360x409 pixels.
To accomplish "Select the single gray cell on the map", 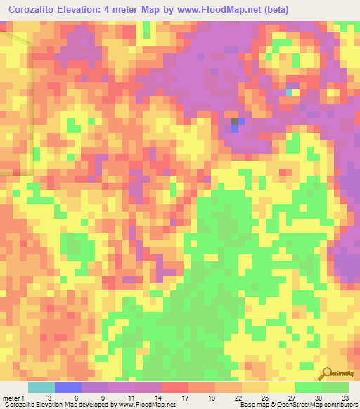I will point(235,121).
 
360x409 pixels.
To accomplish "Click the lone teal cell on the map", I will point(289,92).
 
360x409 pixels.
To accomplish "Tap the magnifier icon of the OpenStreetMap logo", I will point(327,373).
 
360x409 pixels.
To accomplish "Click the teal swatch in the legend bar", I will point(41,387).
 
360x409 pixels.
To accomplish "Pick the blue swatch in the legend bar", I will point(68,387).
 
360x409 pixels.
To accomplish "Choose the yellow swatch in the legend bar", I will point(282,387).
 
